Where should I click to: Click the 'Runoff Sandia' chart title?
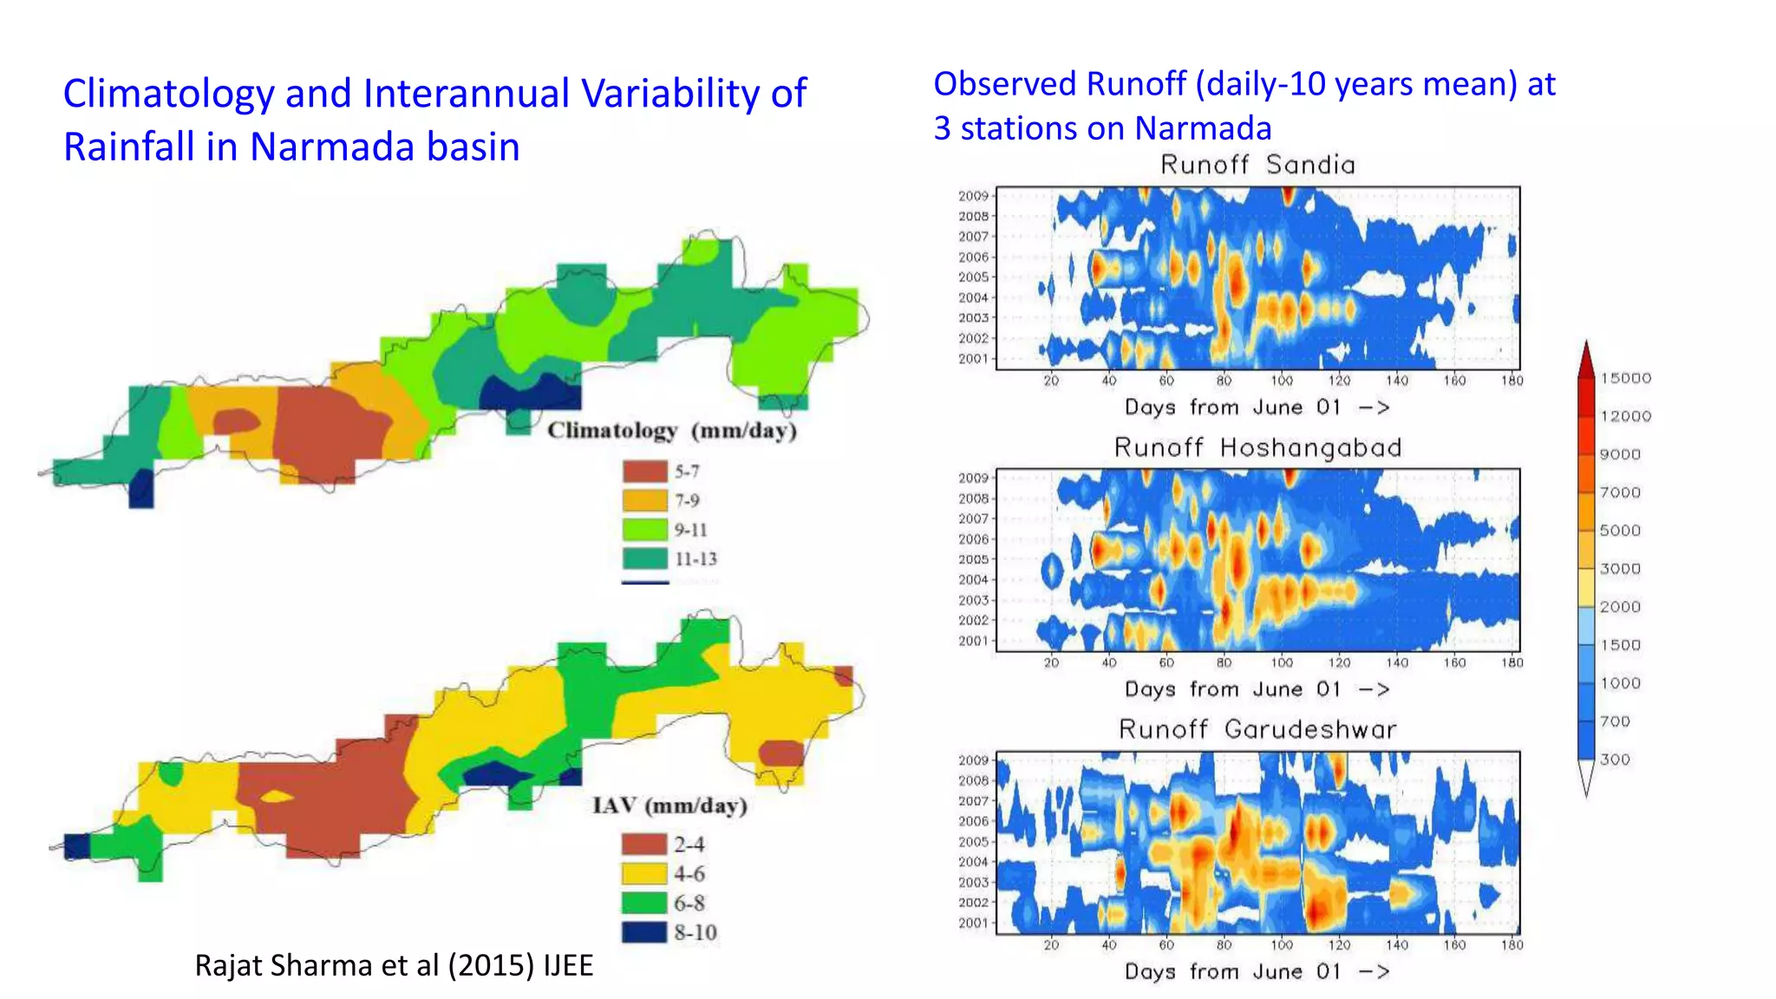tap(1257, 165)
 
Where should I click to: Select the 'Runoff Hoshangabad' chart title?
tap(1257, 447)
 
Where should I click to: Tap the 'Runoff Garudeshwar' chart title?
tap(1257, 729)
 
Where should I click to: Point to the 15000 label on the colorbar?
tap(1625, 378)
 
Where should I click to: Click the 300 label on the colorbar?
tap(1615, 760)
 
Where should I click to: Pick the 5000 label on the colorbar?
tap(1619, 531)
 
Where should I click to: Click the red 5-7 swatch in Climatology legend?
tap(644, 472)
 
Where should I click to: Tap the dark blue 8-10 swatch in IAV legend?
tap(643, 932)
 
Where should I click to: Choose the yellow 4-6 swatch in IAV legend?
tap(643, 873)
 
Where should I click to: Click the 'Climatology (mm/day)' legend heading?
tap(671, 431)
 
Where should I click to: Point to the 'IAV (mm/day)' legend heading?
tap(669, 806)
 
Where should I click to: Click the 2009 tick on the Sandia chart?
tap(973, 196)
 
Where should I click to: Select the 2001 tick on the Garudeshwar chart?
tap(973, 924)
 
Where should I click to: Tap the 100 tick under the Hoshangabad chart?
tap(1282, 663)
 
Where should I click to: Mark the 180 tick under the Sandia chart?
tap(1512, 381)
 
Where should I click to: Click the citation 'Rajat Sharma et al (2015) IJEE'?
tap(394, 965)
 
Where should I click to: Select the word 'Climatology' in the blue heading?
tap(168, 94)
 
